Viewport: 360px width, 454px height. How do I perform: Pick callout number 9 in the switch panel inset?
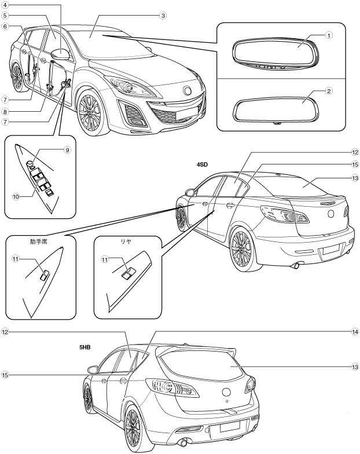tap(67, 149)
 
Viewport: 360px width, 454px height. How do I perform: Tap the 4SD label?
tap(202, 164)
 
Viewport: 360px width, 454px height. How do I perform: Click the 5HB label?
tap(87, 349)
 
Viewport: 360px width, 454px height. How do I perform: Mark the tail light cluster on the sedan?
tap(284, 215)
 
